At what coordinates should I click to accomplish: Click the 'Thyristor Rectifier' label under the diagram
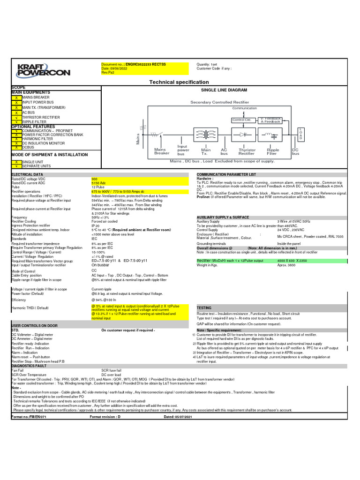click(247, 152)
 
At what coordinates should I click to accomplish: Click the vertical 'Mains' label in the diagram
click(138, 137)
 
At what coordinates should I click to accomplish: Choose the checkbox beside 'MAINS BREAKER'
click(16, 97)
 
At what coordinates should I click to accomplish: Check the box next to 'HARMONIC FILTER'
click(16, 139)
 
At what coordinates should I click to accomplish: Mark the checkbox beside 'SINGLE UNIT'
click(16, 162)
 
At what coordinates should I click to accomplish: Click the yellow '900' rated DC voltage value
click(95, 179)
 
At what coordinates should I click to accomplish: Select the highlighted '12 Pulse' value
click(98, 187)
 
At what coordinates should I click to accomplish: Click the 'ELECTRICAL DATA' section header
click(27, 174)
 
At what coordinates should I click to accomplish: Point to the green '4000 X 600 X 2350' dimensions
click(293, 260)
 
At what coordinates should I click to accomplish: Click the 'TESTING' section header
click(204, 308)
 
